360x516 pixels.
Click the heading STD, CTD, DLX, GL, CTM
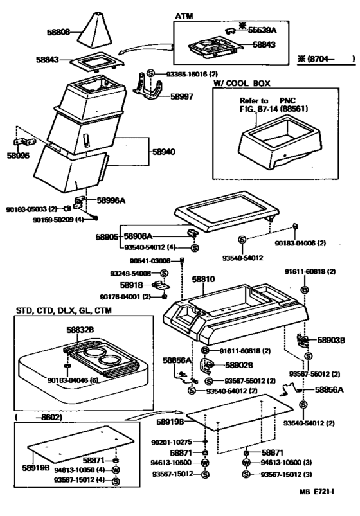(x=61, y=311)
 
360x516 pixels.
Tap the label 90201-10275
(x=173, y=443)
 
